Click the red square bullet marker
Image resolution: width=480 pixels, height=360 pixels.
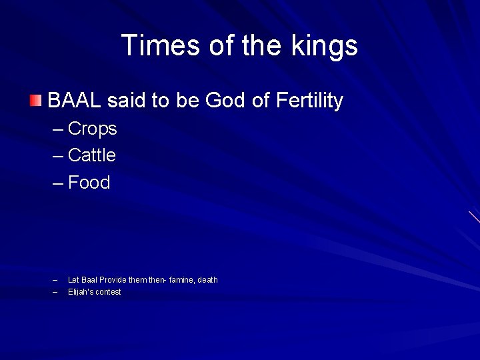[35, 101]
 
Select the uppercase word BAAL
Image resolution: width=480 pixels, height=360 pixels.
[75, 101]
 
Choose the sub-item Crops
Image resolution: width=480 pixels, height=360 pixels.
[92, 129]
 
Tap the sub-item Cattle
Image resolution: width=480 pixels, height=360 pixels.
[92, 155]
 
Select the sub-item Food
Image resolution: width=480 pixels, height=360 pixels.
[89, 183]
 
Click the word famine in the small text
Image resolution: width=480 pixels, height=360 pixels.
[182, 280]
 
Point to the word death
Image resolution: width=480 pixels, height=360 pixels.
[208, 280]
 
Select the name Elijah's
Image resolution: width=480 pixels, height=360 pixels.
[81, 292]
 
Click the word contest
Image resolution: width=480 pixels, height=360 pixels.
[109, 292]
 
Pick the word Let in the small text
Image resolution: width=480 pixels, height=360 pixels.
[73, 280]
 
